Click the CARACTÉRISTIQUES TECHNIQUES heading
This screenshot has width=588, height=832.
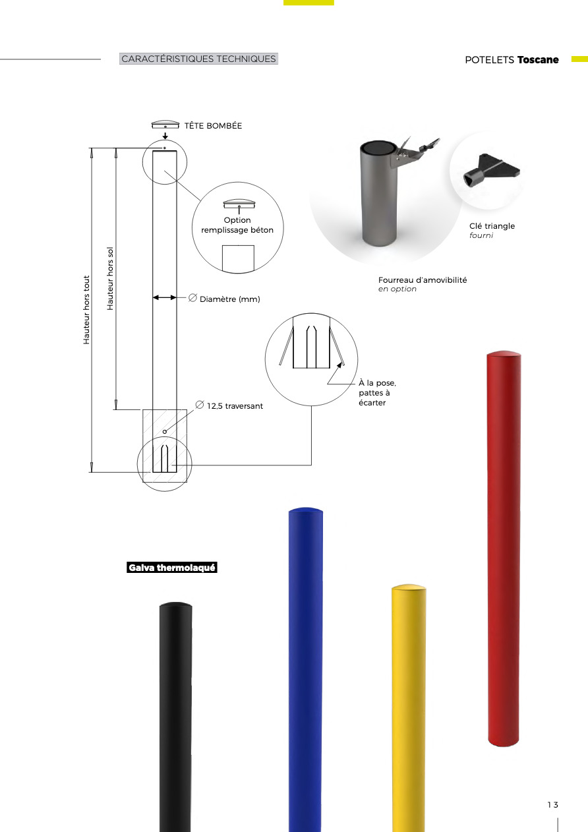point(198,59)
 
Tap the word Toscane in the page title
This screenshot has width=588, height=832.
point(538,60)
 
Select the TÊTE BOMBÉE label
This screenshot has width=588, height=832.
point(213,126)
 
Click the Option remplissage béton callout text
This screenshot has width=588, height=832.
point(237,225)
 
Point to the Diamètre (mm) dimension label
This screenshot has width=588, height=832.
point(229,299)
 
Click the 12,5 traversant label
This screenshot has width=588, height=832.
point(235,406)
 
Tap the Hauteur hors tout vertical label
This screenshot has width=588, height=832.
point(86,310)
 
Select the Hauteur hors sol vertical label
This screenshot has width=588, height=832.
point(110,279)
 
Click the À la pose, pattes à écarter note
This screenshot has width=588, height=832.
point(378,393)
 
